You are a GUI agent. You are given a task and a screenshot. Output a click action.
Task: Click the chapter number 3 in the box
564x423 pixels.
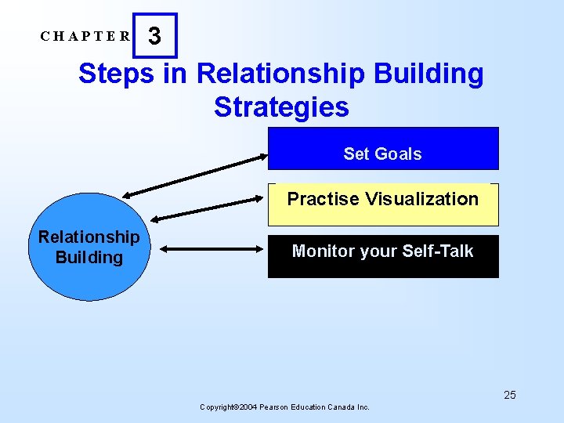coord(155,36)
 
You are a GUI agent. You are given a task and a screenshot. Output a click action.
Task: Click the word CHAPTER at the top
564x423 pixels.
coord(86,36)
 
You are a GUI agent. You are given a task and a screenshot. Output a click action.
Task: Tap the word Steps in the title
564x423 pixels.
coord(111,74)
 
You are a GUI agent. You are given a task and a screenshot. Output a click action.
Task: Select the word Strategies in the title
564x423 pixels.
coord(281,107)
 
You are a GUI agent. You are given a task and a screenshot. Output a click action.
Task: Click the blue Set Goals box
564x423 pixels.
coord(383,149)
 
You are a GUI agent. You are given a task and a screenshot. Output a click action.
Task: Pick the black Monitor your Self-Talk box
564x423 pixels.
coord(383,256)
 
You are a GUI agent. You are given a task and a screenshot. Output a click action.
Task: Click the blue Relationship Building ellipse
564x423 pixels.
coord(89,248)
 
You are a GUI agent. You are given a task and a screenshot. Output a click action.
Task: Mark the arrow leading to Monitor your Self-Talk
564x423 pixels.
coord(213,249)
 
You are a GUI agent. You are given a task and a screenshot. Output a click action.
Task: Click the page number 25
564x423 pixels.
coord(510,395)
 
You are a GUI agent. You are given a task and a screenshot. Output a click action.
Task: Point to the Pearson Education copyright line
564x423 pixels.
coord(285,407)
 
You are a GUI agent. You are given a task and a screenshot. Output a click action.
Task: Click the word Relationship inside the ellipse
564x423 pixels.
coord(89,237)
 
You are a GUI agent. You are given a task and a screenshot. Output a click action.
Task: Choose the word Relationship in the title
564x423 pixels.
coord(280,74)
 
